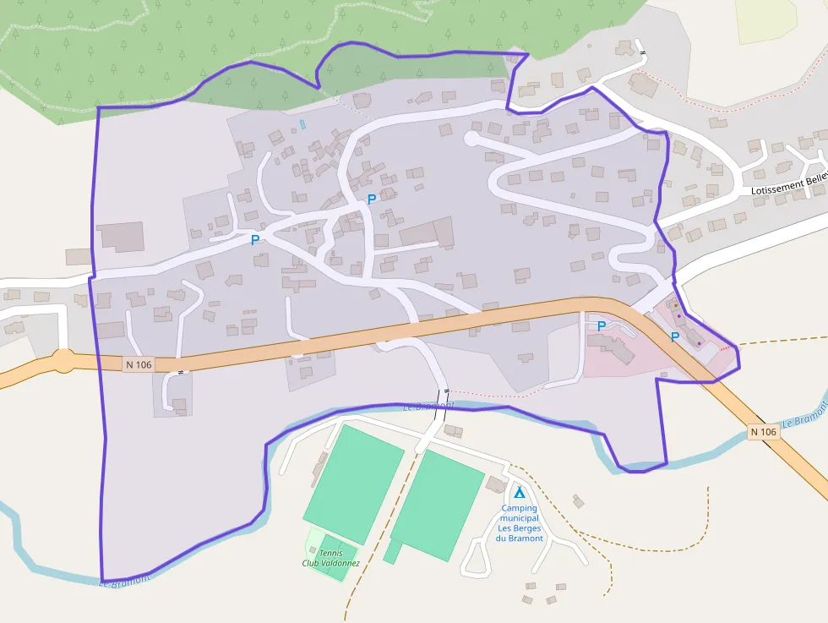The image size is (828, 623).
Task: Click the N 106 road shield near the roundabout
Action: click(x=138, y=364)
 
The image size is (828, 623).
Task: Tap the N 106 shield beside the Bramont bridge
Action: click(x=763, y=432)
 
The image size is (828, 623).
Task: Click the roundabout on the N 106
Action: click(x=63, y=361)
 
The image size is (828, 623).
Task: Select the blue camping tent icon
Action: click(x=519, y=492)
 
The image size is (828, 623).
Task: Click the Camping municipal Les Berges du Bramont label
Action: click(x=519, y=523)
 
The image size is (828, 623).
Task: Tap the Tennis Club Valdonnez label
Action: click(x=330, y=558)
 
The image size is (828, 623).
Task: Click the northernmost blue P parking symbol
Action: click(x=371, y=199)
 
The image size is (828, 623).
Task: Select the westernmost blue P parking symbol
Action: click(x=254, y=240)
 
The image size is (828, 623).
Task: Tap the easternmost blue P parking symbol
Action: click(x=674, y=337)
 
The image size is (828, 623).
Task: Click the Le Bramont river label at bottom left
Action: click(x=125, y=580)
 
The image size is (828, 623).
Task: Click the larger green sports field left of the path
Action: click(x=354, y=484)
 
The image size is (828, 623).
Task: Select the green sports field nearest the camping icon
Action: click(x=438, y=504)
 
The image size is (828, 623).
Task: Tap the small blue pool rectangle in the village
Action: click(x=302, y=124)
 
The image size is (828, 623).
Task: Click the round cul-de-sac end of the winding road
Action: click(x=471, y=137)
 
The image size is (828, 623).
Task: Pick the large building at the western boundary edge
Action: click(x=121, y=237)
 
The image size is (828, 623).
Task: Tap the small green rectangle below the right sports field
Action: click(x=392, y=552)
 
